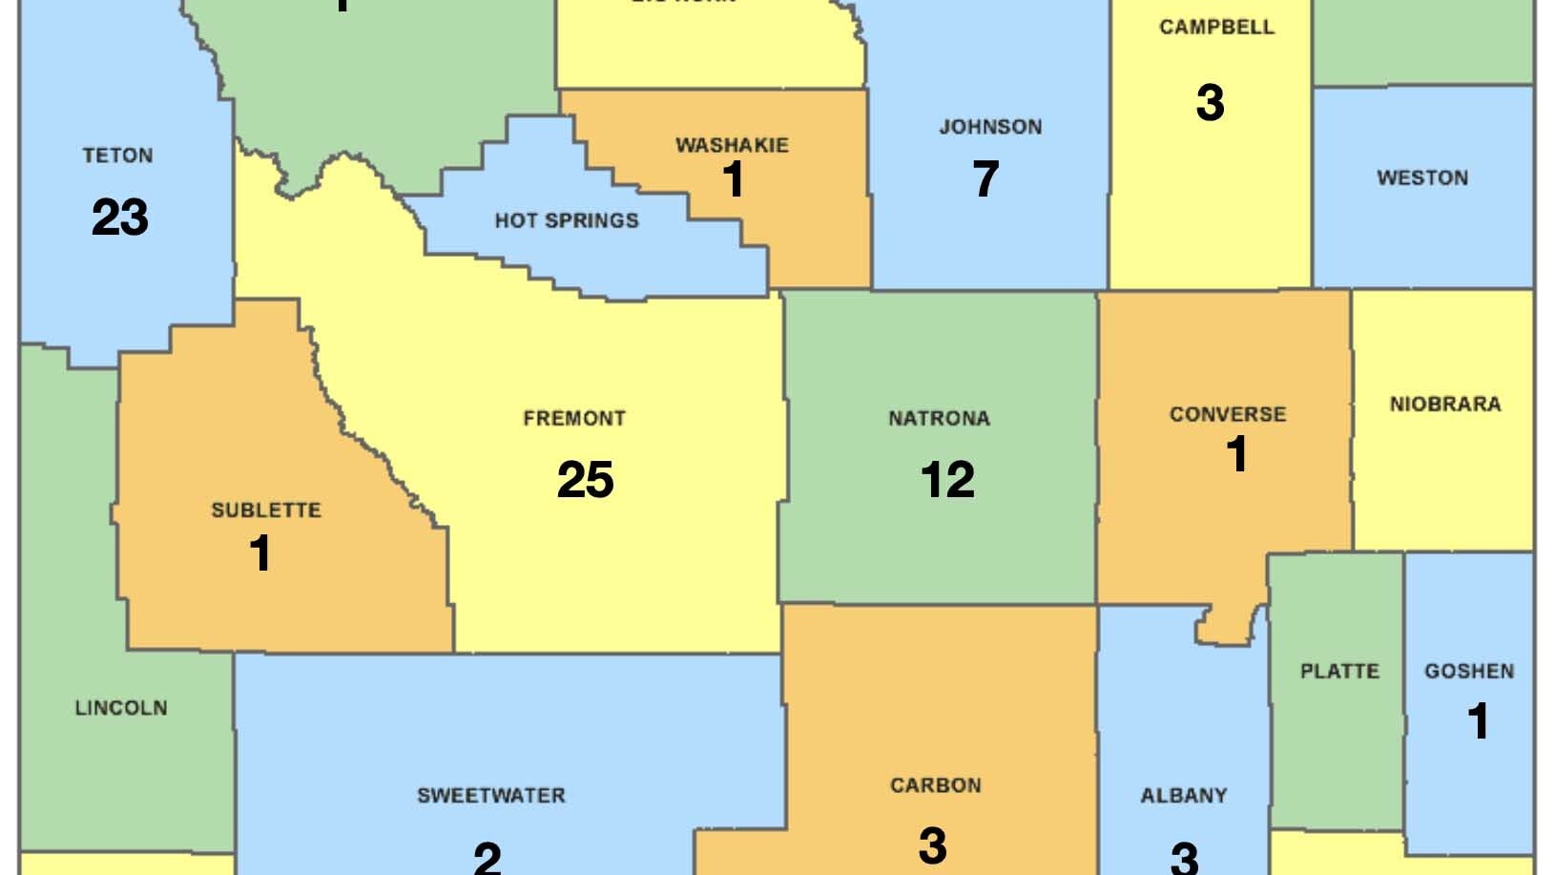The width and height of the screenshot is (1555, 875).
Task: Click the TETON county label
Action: click(x=117, y=156)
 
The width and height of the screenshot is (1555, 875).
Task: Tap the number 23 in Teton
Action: click(x=120, y=218)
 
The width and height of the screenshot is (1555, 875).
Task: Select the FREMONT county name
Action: click(x=574, y=419)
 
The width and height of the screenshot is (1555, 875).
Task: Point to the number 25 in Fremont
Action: click(x=585, y=480)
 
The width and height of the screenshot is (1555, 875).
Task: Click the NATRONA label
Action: click(x=939, y=419)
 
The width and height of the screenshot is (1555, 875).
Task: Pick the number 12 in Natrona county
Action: click(x=947, y=480)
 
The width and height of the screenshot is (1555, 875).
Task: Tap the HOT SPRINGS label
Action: click(x=567, y=220)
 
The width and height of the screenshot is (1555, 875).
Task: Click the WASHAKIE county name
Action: click(x=732, y=145)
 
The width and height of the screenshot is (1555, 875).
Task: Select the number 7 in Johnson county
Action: click(x=985, y=179)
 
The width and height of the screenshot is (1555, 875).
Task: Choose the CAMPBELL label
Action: click(x=1216, y=27)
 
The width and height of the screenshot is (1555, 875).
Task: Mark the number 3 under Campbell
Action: click(x=1210, y=103)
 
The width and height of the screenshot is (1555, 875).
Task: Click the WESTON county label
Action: click(x=1421, y=178)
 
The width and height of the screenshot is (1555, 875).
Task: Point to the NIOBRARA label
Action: click(x=1444, y=405)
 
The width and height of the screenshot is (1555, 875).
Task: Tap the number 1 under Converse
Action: click(x=1236, y=454)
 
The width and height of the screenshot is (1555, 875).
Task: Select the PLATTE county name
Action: click(x=1339, y=672)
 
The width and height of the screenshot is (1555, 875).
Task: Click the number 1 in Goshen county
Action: click(x=1478, y=721)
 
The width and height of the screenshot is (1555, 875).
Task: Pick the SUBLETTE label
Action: click(x=265, y=510)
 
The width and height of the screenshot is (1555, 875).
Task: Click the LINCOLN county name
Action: click(x=121, y=708)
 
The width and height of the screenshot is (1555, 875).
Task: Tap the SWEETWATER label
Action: click(x=490, y=796)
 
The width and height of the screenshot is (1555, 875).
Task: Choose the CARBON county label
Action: click(x=935, y=786)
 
